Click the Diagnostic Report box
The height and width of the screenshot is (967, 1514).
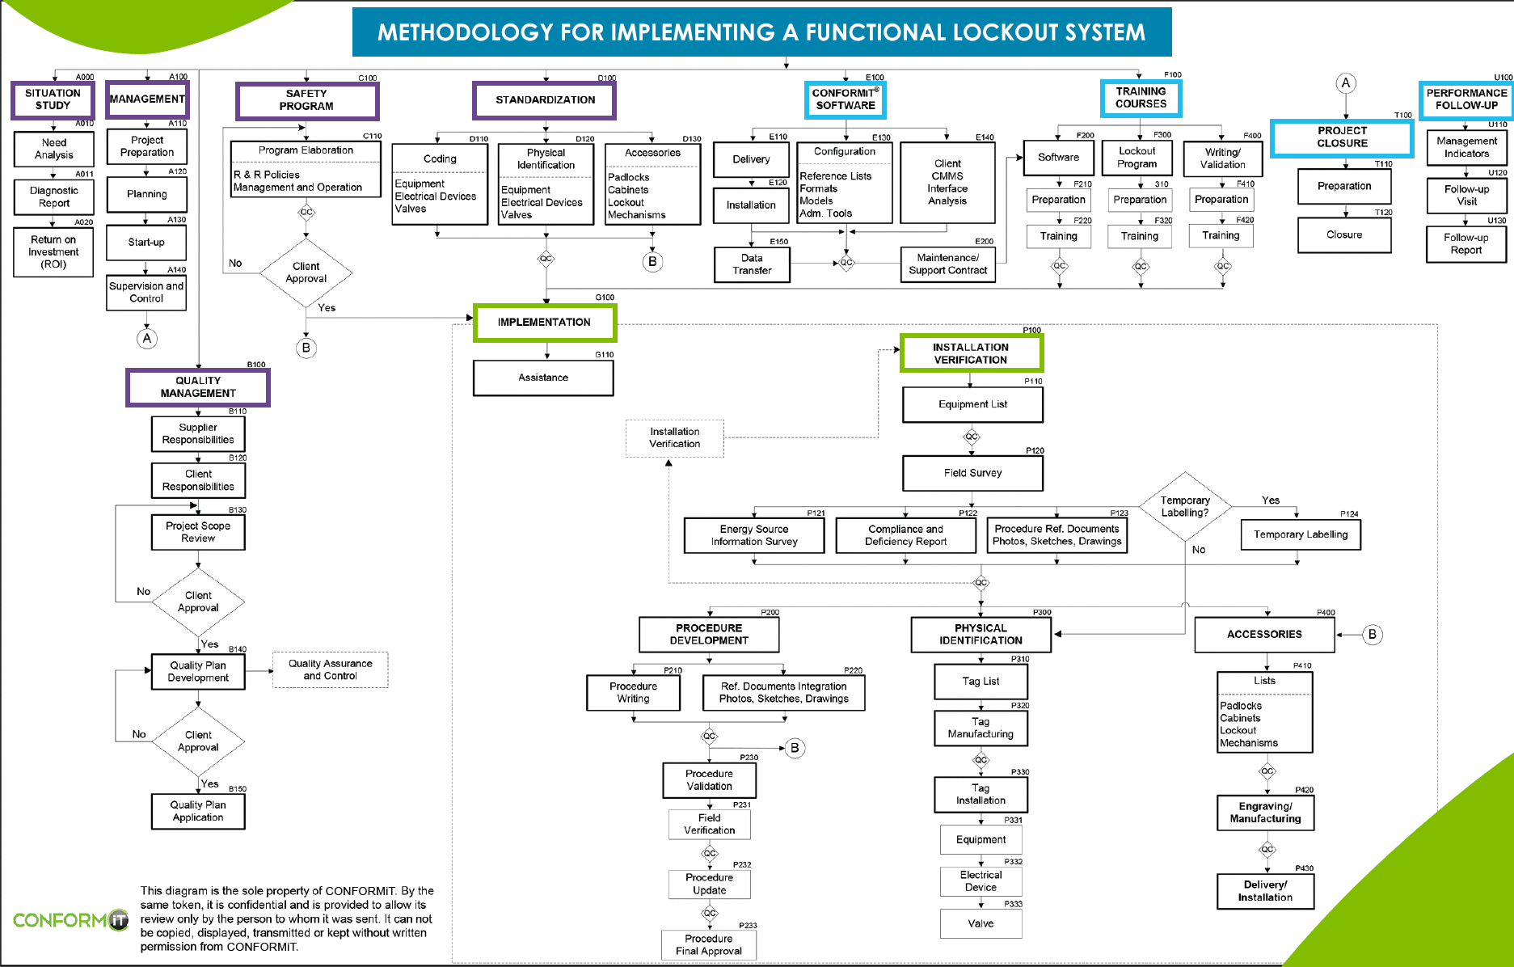[x=53, y=196]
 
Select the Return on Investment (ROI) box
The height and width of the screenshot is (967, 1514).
[x=53, y=251]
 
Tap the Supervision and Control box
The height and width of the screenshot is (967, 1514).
[x=146, y=292]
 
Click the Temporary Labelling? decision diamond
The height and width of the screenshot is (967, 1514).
[x=1185, y=506]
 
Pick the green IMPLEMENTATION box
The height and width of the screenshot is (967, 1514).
[x=544, y=322]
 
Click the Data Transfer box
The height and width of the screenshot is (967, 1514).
[x=752, y=264]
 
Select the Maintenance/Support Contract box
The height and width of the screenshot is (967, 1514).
[x=947, y=264]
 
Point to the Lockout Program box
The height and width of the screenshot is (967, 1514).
[x=1137, y=158]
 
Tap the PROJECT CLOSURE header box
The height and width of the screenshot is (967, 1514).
[x=1342, y=137]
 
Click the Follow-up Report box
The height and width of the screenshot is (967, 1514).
[x=1466, y=243]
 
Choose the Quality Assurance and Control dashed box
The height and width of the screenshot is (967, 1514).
[x=330, y=669]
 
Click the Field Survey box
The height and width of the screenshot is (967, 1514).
[x=972, y=473]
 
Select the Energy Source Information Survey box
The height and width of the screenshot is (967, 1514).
[x=753, y=535]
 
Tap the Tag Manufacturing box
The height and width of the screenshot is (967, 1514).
[x=981, y=728]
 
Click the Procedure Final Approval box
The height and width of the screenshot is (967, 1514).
[x=709, y=944]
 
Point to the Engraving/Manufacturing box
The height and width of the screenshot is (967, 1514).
[x=1265, y=813]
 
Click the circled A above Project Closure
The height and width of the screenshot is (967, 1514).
[x=1346, y=82]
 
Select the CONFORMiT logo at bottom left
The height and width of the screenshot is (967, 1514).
[x=70, y=920]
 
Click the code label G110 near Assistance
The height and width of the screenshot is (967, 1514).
[x=605, y=354]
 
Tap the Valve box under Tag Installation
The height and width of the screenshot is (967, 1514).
[x=981, y=923]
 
